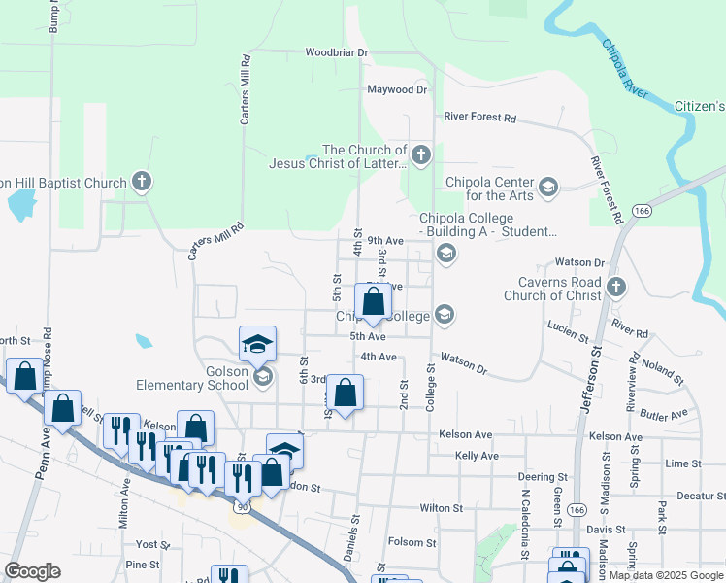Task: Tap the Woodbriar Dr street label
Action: point(337,52)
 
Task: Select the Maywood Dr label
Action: point(397,89)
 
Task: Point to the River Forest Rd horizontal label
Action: point(479,118)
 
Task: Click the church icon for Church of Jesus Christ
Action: point(421,154)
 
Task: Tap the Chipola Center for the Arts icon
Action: point(548,188)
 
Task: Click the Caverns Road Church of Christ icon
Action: point(616,287)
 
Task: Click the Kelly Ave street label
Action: point(477,456)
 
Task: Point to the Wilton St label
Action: point(441,508)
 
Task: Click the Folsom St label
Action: point(412,542)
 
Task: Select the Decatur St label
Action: point(701,496)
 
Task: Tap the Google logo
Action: point(33,571)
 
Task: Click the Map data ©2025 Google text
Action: point(664,575)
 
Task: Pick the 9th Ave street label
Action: point(384,240)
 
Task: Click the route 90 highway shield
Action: point(241,506)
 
